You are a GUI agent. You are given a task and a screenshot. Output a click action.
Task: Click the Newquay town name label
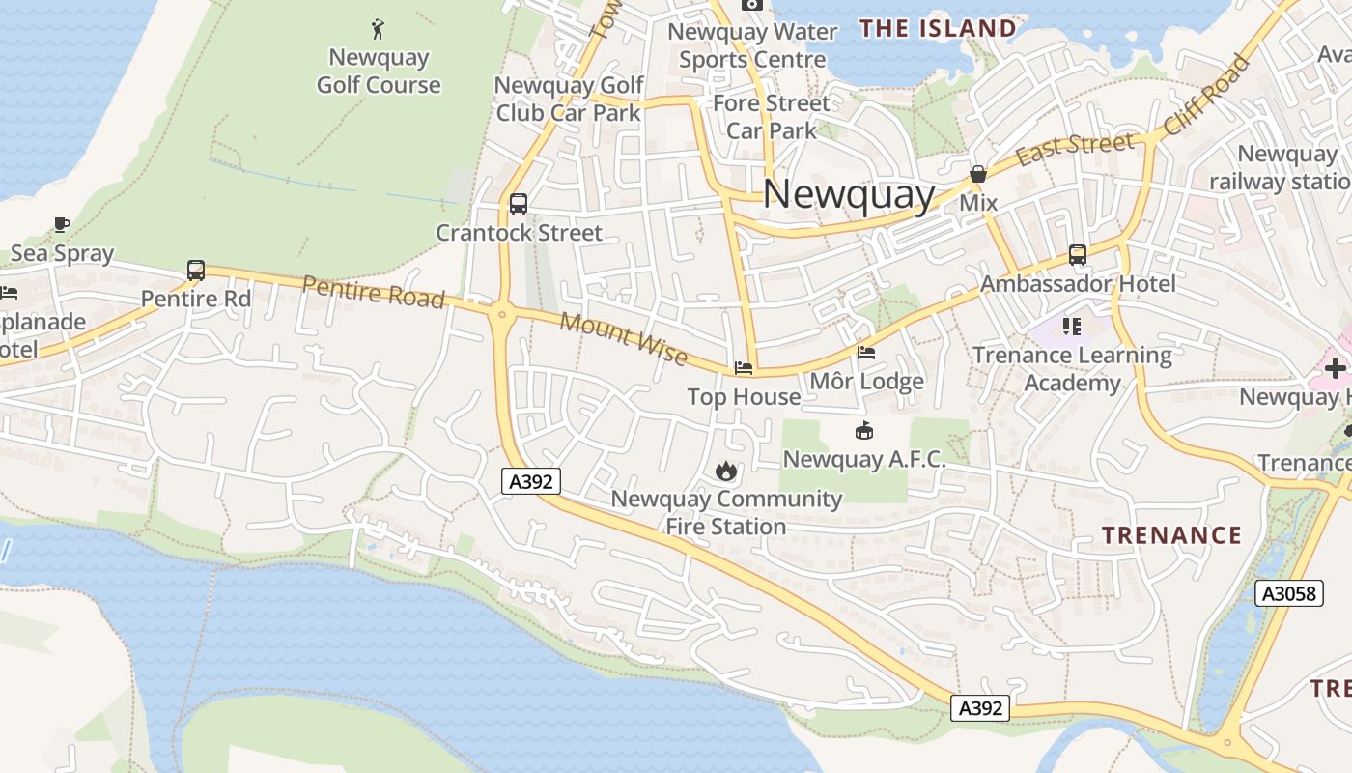pyautogui.click(x=849, y=195)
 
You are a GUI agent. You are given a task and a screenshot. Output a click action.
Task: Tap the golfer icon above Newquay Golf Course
pyautogui.click(x=378, y=29)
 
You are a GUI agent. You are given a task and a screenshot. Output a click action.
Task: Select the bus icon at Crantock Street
pyautogui.click(x=519, y=204)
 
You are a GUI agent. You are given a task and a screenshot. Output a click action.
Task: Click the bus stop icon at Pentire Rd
pyautogui.click(x=196, y=271)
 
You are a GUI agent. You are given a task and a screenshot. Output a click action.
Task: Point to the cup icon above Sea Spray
pyautogui.click(x=62, y=225)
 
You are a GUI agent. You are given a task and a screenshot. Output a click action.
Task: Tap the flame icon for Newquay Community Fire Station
pyautogui.click(x=726, y=472)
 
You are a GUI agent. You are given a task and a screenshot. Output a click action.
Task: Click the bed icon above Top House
pyautogui.click(x=744, y=368)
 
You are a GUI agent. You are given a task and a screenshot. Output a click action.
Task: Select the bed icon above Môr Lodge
pyautogui.click(x=866, y=354)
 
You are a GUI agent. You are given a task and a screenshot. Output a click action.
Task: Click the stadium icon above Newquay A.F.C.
pyautogui.click(x=863, y=431)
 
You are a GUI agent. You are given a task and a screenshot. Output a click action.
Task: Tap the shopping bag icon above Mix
pyautogui.click(x=978, y=175)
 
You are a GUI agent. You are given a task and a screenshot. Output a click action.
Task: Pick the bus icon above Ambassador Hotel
pyautogui.click(x=1078, y=255)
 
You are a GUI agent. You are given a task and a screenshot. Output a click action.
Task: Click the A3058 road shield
pyautogui.click(x=1289, y=593)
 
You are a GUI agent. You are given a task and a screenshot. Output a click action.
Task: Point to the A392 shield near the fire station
pyautogui.click(x=531, y=481)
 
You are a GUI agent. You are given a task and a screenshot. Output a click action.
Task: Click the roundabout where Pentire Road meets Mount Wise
pyautogui.click(x=501, y=312)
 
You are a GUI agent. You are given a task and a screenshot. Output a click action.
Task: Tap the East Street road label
pyautogui.click(x=1075, y=149)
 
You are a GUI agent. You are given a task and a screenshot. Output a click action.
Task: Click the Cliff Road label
pyautogui.click(x=1207, y=95)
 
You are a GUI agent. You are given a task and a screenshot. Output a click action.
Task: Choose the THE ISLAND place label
pyautogui.click(x=938, y=29)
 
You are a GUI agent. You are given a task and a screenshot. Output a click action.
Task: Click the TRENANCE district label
pyautogui.click(x=1171, y=535)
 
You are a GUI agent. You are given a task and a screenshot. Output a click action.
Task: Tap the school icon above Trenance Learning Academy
pyautogui.click(x=1072, y=327)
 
